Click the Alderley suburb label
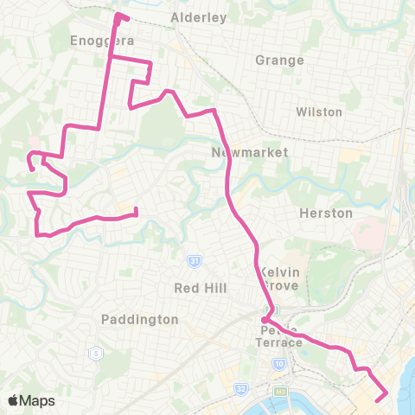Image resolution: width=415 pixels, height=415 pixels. pyautogui.click(x=199, y=17)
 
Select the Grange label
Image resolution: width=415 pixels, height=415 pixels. pyautogui.click(x=280, y=61)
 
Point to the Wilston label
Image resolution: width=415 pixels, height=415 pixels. pyautogui.click(x=319, y=112)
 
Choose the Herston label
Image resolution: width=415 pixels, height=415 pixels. pyautogui.click(x=325, y=213)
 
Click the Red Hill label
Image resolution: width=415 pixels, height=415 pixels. pyautogui.click(x=200, y=287)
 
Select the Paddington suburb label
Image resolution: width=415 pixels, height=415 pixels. pyautogui.click(x=139, y=319)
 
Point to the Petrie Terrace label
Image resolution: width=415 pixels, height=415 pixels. pyautogui.click(x=280, y=336)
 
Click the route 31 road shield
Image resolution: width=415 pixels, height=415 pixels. pyautogui.click(x=196, y=260)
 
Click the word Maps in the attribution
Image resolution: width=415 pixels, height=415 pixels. pyautogui.click(x=38, y=400)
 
